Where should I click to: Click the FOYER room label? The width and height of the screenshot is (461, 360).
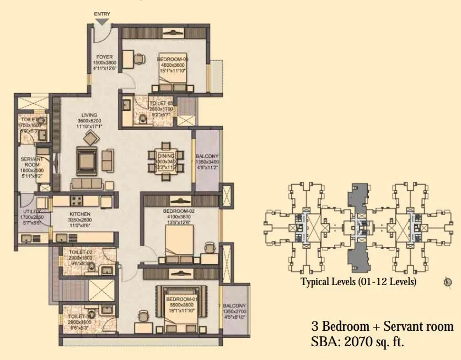(104, 57)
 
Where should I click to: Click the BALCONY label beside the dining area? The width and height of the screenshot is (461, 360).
(207, 155)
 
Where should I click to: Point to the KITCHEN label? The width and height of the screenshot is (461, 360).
(79, 214)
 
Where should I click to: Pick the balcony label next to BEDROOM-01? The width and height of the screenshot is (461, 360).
(235, 306)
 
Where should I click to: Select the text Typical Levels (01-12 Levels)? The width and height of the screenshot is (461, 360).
(358, 282)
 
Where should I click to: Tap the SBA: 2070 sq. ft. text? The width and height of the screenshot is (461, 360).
(358, 342)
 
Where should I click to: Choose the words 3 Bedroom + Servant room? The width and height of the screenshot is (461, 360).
(382, 326)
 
